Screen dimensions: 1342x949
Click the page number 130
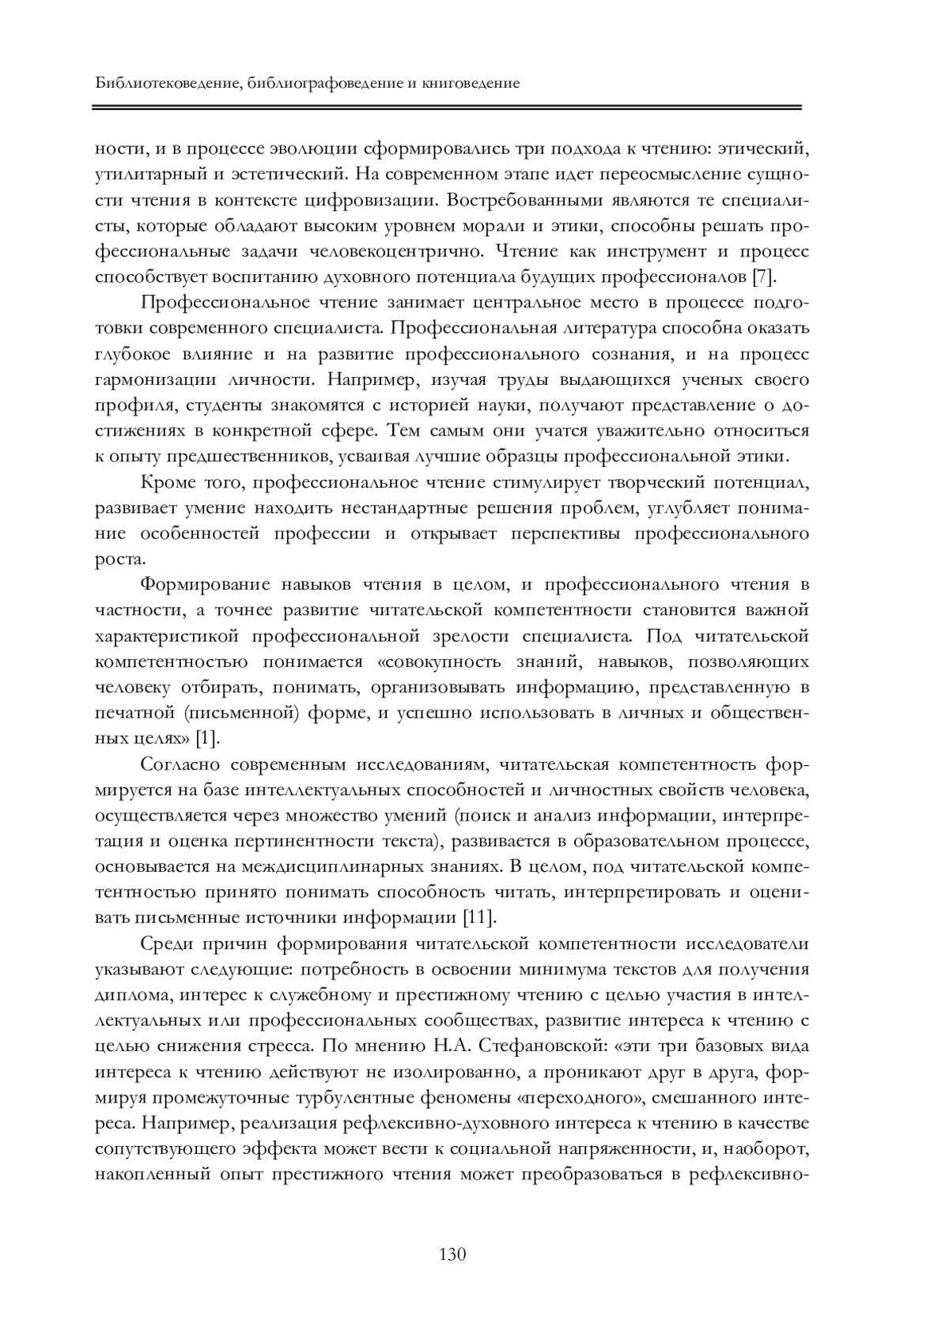pos(453,1254)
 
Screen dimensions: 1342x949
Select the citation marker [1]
pos(206,739)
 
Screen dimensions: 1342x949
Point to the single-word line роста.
pos(119,559)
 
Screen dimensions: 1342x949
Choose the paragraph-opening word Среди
pos(165,944)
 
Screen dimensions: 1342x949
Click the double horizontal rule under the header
pos(447,107)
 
